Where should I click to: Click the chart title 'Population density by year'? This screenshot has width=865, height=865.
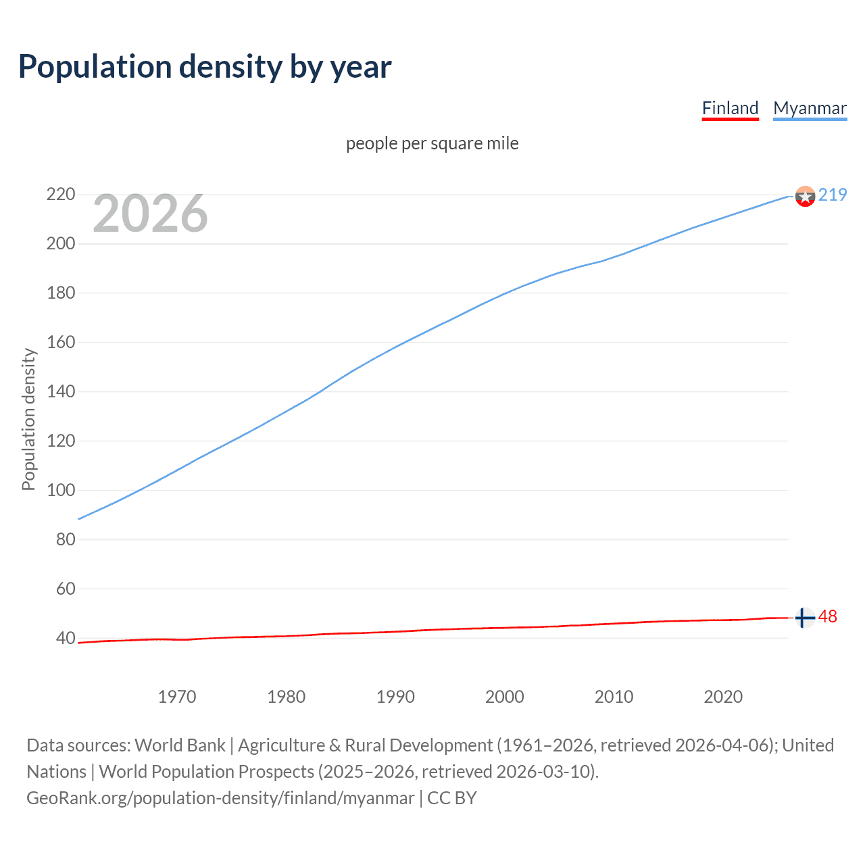[205, 67]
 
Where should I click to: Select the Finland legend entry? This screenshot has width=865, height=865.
[730, 108]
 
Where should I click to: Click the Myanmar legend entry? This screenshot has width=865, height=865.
[810, 108]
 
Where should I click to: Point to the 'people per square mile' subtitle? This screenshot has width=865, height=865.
[432, 143]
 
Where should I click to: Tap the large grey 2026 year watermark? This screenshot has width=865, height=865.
[150, 214]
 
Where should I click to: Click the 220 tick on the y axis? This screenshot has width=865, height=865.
[60, 195]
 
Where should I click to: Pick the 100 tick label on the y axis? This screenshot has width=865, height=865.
[60, 490]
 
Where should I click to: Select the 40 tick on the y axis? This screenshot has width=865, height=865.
[65, 638]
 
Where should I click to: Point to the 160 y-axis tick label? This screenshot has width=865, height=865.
[60, 342]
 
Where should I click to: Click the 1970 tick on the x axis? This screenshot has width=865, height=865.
[177, 697]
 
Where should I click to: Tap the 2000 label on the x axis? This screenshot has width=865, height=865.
[504, 697]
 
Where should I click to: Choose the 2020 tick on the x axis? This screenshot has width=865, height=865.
[723, 697]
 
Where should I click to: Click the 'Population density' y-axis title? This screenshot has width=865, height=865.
[28, 419]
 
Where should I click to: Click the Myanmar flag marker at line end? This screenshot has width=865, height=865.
[805, 196]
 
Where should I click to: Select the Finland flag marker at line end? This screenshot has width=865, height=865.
[804, 618]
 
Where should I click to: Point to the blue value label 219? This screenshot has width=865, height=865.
[833, 195]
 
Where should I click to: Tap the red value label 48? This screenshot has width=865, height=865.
[828, 616]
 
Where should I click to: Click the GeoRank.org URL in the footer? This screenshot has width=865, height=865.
[220, 798]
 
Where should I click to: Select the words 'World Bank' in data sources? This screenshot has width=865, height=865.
[180, 745]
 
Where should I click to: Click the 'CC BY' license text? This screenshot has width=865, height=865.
[452, 798]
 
